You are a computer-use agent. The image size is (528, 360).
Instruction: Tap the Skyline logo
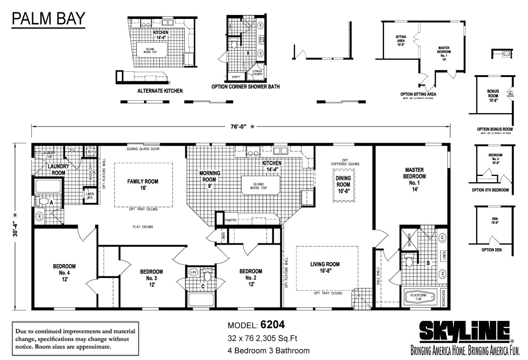(465, 331)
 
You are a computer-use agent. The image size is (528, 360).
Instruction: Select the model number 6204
(272, 325)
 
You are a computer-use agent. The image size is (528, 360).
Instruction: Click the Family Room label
(143, 184)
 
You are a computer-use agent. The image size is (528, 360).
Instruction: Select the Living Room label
(325, 268)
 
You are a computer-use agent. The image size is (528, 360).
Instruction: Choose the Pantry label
(231, 220)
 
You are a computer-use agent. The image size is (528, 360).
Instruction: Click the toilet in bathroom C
(208, 276)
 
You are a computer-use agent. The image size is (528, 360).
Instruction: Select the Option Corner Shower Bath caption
(245, 87)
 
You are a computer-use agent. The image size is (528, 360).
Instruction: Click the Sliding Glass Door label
(143, 149)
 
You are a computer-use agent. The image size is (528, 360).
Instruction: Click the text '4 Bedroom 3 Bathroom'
(268, 351)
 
